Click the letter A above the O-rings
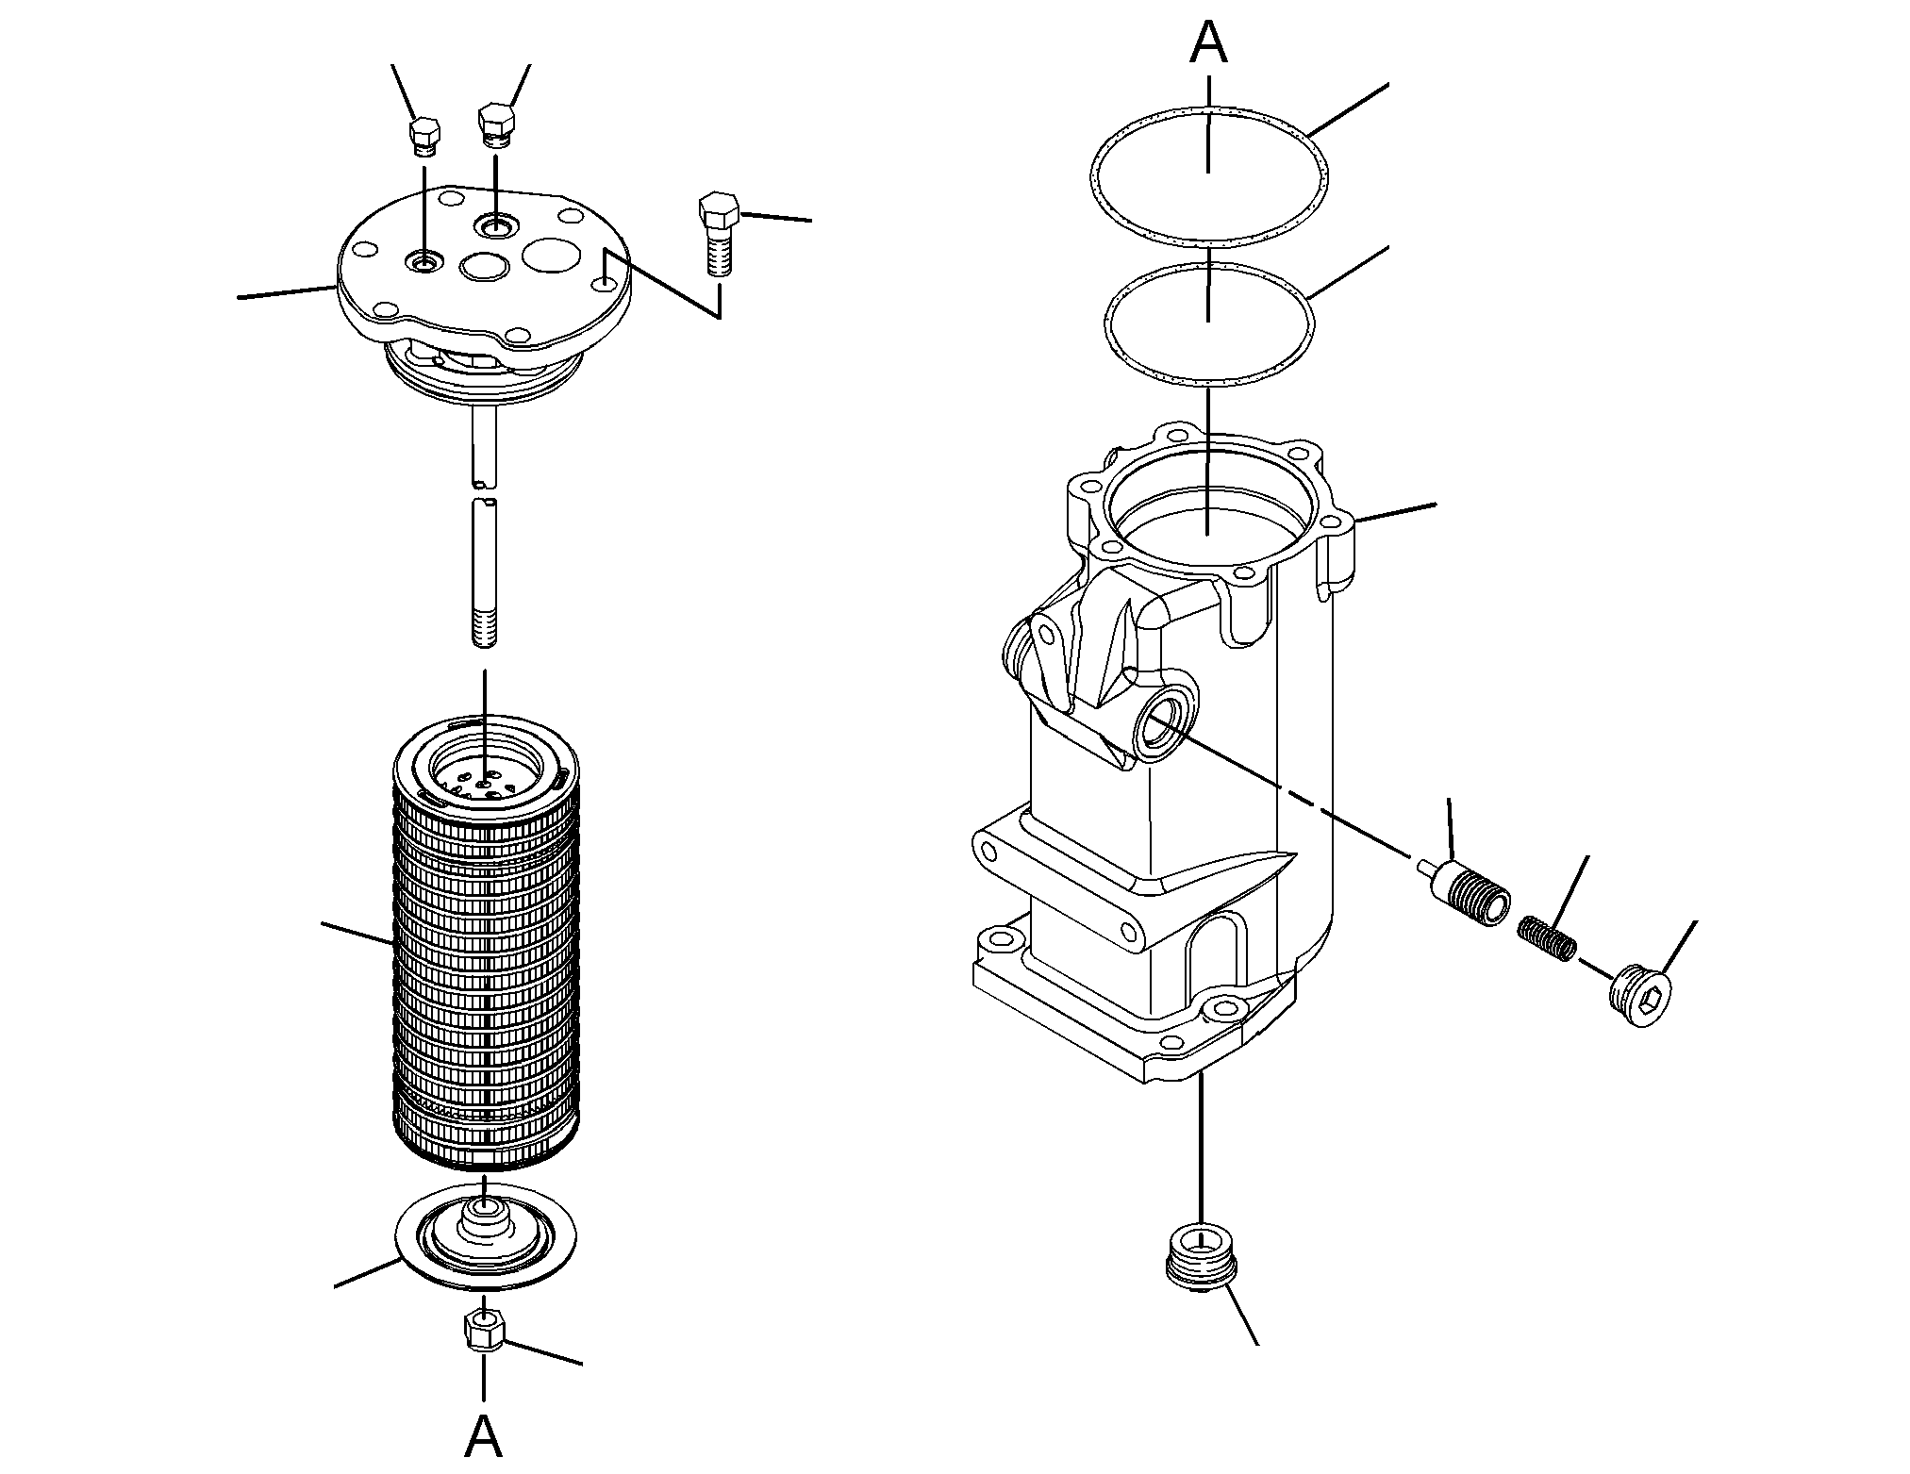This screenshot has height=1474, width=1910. pyautogui.click(x=1208, y=43)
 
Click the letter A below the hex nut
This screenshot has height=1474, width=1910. pyautogui.click(x=484, y=1435)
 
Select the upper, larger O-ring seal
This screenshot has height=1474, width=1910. pyautogui.click(x=1208, y=110)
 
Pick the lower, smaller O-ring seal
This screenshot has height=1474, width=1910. pyautogui.click(x=1208, y=265)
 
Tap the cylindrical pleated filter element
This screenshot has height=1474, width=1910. pyautogui.click(x=485, y=943)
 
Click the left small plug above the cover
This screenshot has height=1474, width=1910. pyautogui.click(x=424, y=137)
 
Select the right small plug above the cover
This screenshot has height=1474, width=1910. pyautogui.click(x=496, y=125)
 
